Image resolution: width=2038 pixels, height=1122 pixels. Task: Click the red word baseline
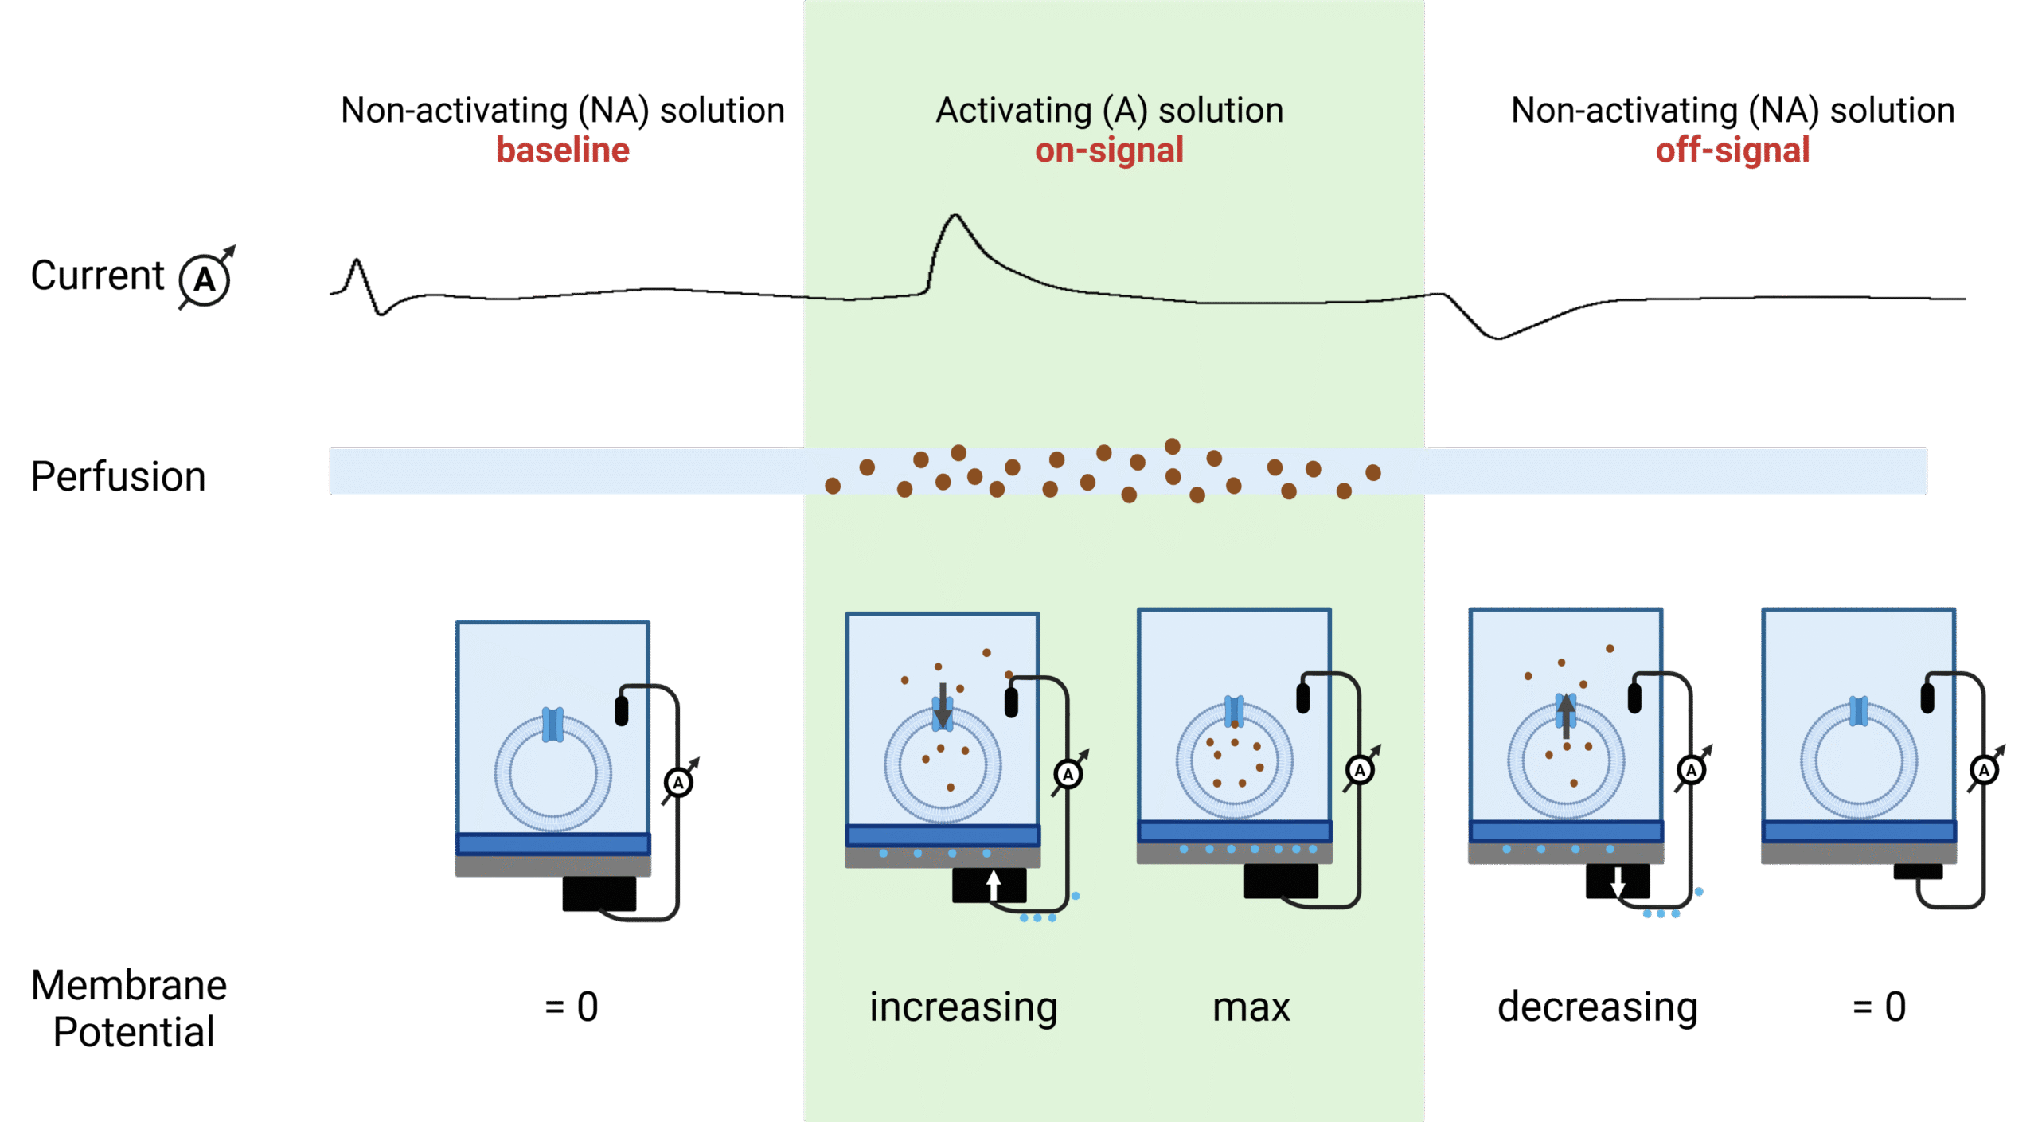click(x=562, y=150)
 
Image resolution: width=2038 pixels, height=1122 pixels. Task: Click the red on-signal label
click(x=1109, y=150)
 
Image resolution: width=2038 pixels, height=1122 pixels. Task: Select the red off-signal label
click(x=1732, y=150)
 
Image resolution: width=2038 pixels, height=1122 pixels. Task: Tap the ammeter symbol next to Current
click(x=205, y=280)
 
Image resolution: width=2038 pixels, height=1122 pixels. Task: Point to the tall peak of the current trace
click(x=955, y=217)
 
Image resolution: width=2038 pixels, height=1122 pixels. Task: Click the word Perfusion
click(x=118, y=476)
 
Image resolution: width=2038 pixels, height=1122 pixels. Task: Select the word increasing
click(x=962, y=1007)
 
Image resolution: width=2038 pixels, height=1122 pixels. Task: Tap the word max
click(x=1251, y=1007)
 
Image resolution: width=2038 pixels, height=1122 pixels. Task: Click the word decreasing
click(x=1597, y=1007)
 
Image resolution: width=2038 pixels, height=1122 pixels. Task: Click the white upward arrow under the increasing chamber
click(x=993, y=885)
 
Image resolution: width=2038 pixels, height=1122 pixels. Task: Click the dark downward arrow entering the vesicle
click(x=943, y=706)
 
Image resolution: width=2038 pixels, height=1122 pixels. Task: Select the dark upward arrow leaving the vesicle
click(x=1566, y=715)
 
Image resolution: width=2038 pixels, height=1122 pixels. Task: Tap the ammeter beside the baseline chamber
click(x=678, y=783)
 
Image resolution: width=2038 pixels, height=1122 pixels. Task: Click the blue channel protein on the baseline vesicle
click(x=552, y=725)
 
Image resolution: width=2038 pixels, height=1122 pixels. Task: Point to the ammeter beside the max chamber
click(x=1360, y=770)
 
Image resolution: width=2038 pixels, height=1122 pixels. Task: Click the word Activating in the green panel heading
click(x=1013, y=110)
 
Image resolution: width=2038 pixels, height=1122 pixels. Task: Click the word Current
click(x=97, y=276)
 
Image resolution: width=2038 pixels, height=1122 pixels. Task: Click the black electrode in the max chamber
click(x=1303, y=698)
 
